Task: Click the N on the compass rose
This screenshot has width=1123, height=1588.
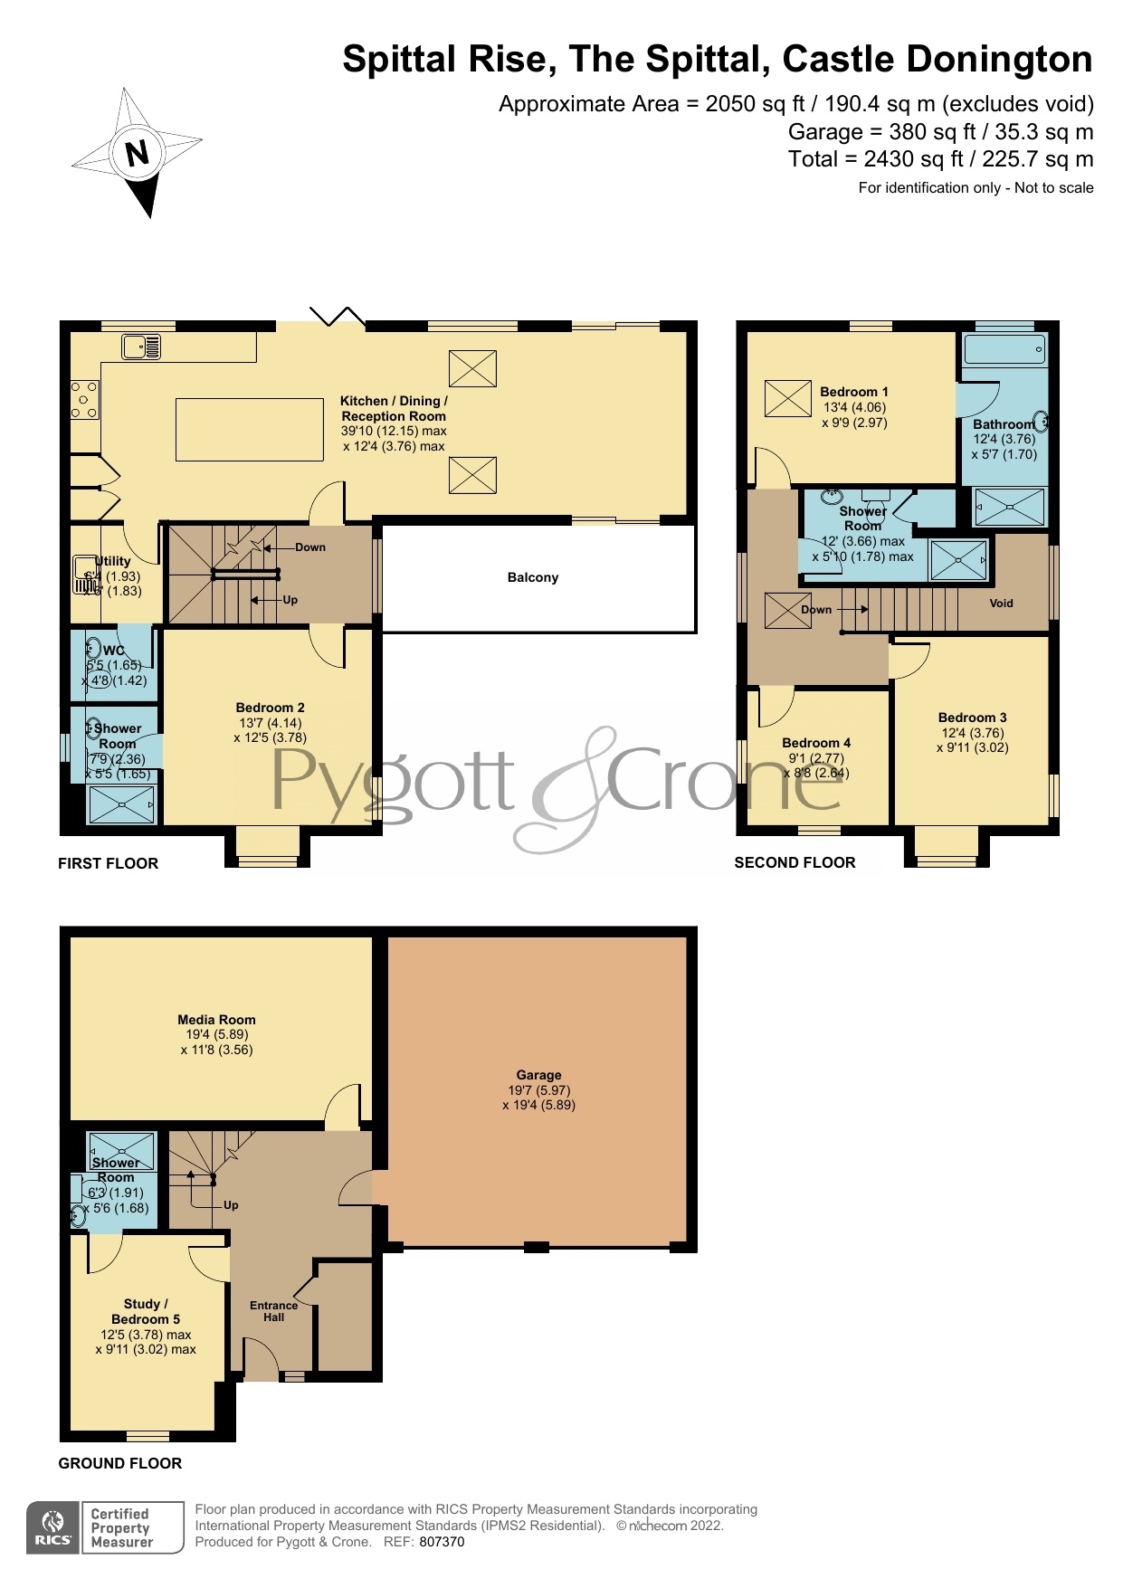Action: (x=137, y=153)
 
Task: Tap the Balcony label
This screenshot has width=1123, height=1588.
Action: (x=533, y=577)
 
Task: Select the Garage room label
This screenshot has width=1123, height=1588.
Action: (x=538, y=1075)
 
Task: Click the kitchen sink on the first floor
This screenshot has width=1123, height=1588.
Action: (x=141, y=346)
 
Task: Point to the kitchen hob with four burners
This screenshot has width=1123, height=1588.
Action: (x=84, y=399)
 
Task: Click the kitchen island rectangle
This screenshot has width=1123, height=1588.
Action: (x=250, y=429)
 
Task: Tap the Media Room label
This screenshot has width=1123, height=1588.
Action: (x=216, y=1020)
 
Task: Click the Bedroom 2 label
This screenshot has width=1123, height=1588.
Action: (x=270, y=708)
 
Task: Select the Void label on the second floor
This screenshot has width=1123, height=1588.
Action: (x=1001, y=604)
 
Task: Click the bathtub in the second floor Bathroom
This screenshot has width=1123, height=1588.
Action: (x=1004, y=349)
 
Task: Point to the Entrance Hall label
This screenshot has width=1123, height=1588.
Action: (x=273, y=1311)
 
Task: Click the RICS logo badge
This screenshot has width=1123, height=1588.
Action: (x=53, y=1527)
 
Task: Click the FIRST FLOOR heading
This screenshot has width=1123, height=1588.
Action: (x=108, y=863)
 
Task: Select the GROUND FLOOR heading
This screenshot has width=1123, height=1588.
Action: (x=119, y=1463)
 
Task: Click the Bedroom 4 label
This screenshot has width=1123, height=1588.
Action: (x=816, y=743)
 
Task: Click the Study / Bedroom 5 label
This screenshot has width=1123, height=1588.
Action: (x=146, y=1311)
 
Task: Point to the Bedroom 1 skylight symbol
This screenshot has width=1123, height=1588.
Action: (x=787, y=398)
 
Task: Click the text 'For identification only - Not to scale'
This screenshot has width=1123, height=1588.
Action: (x=975, y=188)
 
